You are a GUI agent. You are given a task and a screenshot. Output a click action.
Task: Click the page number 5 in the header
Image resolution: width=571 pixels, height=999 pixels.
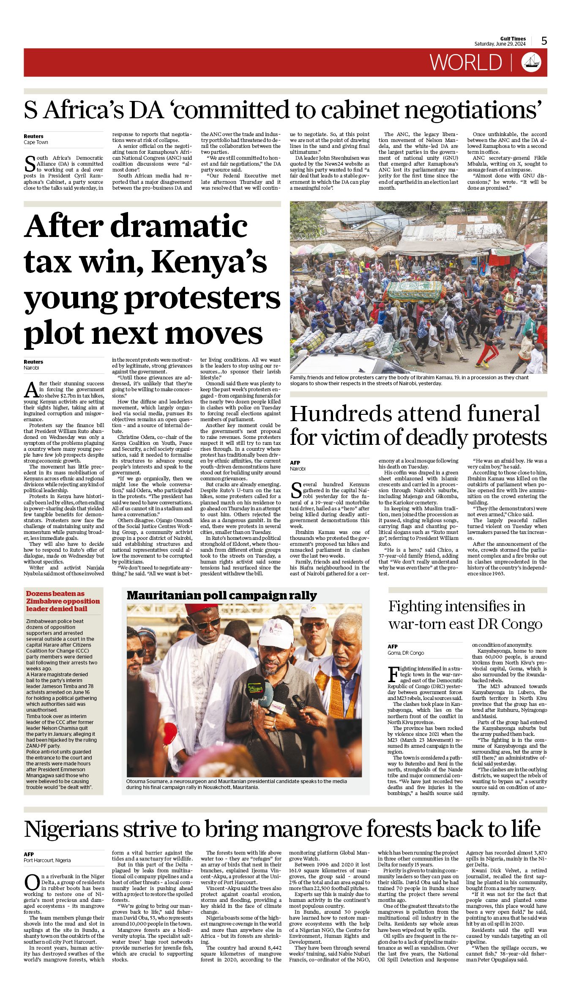pyautogui.click(x=544, y=41)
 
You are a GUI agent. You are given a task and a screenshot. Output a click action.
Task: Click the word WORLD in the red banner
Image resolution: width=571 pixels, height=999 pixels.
pyautogui.click(x=466, y=63)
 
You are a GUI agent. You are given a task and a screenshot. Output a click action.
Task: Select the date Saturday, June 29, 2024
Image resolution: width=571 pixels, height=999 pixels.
pyautogui.click(x=500, y=44)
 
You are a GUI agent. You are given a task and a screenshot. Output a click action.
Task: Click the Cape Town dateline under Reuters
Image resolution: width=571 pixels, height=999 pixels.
pyautogui.click(x=36, y=142)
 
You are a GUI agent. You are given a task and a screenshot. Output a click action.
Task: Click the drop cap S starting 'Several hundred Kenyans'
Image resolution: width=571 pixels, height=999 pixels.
pyautogui.click(x=296, y=490)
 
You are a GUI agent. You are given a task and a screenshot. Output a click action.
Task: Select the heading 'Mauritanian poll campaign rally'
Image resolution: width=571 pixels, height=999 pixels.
pyautogui.click(x=222, y=596)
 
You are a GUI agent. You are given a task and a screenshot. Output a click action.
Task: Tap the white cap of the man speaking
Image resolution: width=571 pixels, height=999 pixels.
pyautogui.click(x=276, y=632)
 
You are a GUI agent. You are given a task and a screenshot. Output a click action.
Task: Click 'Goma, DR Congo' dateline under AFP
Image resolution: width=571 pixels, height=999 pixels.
pyautogui.click(x=406, y=653)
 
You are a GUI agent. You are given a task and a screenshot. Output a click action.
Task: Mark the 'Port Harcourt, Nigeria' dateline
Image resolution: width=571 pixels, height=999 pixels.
pyautogui.click(x=47, y=860)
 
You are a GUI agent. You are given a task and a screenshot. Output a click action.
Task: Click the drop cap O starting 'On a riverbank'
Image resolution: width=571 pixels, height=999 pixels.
pyautogui.click(x=32, y=883)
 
